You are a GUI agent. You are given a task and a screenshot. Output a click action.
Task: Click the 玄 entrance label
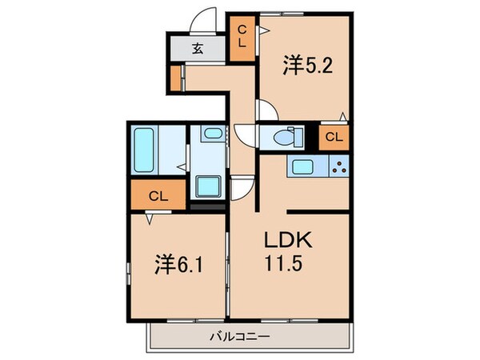[x=197, y=47]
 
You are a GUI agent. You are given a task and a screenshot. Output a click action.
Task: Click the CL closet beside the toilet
[x=334, y=137]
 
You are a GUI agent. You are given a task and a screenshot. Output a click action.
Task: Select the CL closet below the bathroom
[x=158, y=194]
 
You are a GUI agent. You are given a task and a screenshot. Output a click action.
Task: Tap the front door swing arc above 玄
[x=206, y=19]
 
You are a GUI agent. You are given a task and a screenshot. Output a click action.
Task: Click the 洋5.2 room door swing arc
[x=267, y=110]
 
